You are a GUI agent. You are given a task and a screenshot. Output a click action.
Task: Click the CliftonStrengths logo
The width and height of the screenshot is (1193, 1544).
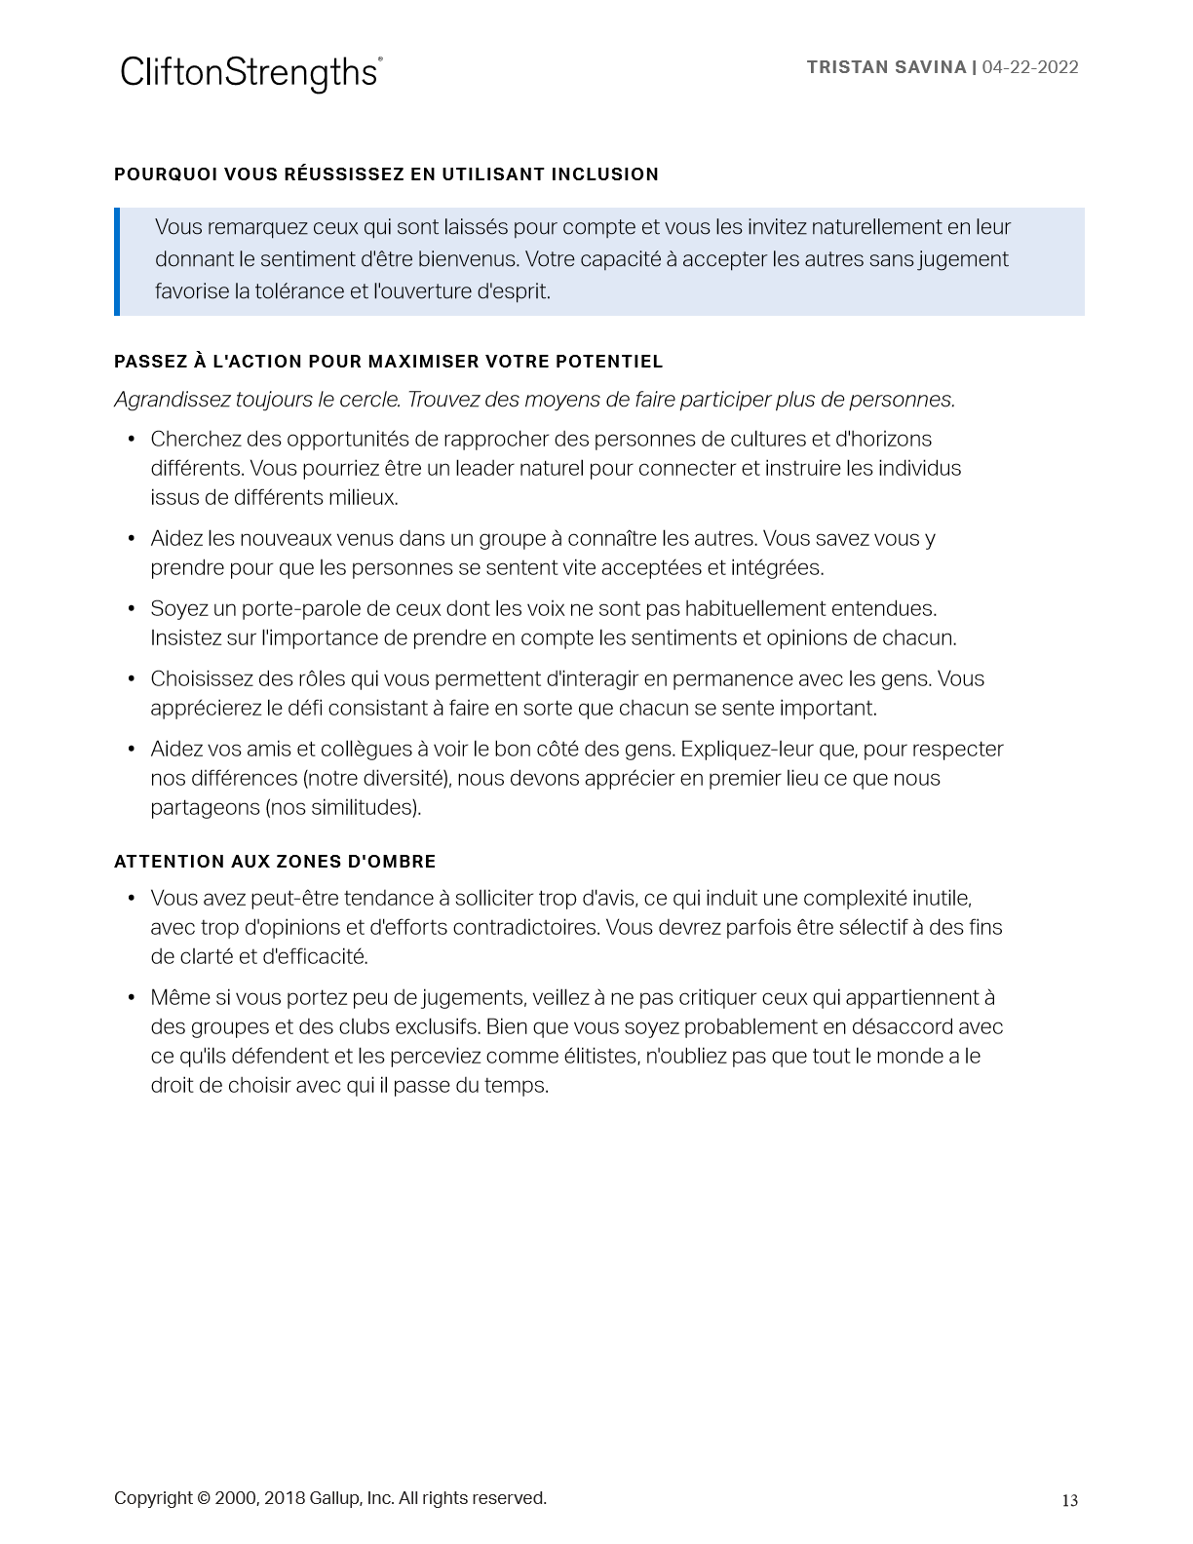click(x=250, y=73)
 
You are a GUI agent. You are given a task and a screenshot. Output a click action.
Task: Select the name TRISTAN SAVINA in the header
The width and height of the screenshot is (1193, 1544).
click(x=886, y=67)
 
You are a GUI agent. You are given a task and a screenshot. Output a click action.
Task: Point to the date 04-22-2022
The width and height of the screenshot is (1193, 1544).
click(x=1030, y=67)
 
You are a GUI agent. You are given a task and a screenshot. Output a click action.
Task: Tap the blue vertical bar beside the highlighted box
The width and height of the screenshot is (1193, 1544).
click(x=117, y=261)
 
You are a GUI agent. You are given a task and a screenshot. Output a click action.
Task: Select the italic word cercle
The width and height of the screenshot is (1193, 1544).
click(x=367, y=400)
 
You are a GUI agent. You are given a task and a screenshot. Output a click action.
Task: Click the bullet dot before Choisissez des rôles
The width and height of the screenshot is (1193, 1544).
click(x=132, y=678)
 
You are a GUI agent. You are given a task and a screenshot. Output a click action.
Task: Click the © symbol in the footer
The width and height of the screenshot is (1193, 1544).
click(x=203, y=1498)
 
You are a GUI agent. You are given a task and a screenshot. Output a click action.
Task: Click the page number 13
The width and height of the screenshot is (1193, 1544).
click(x=1069, y=1500)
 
